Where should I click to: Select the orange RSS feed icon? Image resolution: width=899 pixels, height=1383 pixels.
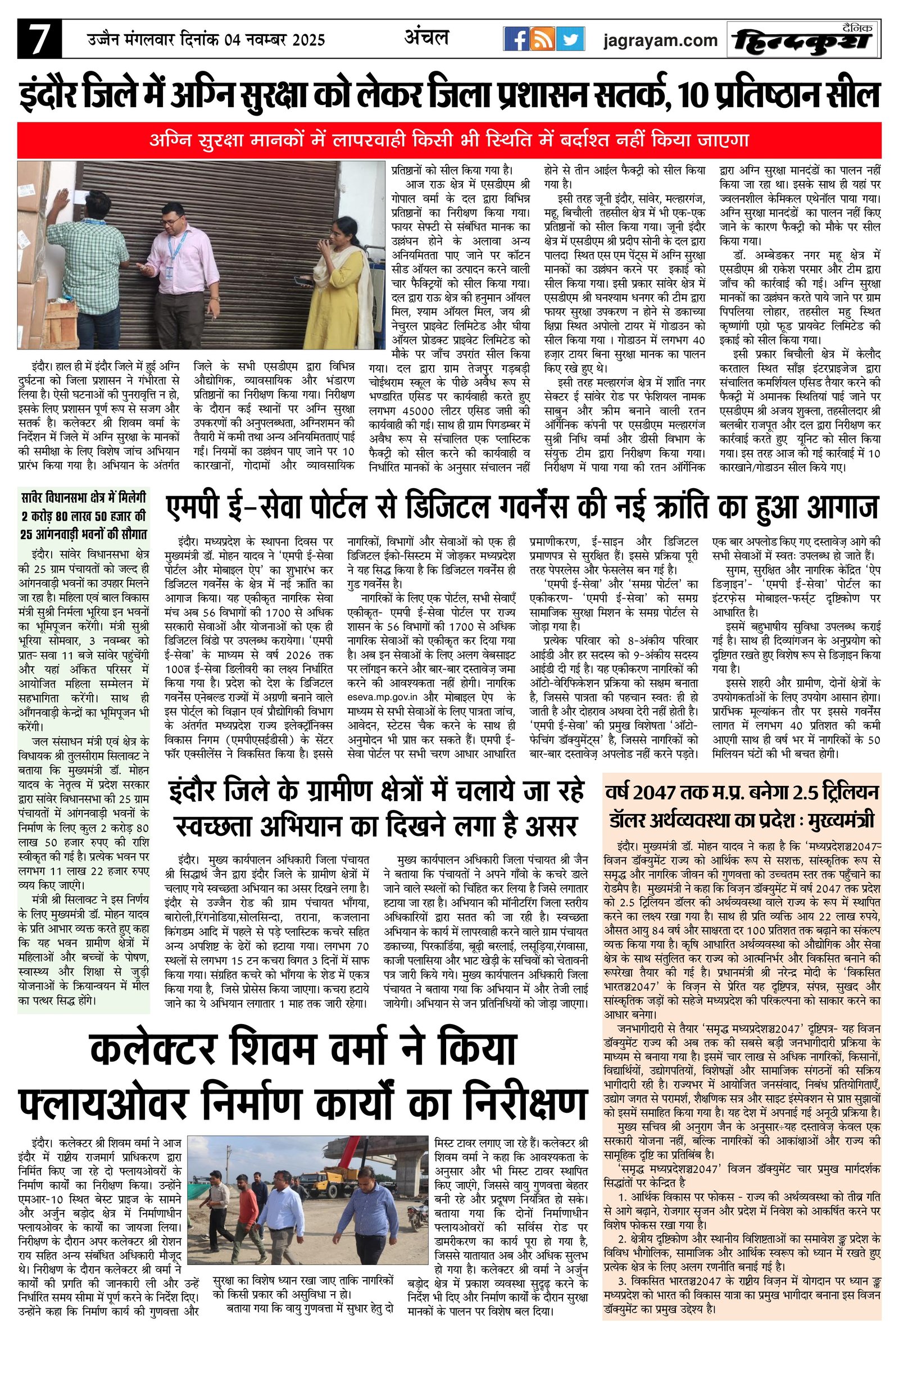pos(543,40)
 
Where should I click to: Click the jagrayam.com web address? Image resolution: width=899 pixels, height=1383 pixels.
pos(660,40)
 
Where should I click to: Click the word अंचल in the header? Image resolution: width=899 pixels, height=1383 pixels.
pos(426,38)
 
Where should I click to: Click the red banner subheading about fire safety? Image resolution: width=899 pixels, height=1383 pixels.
pos(448,140)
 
